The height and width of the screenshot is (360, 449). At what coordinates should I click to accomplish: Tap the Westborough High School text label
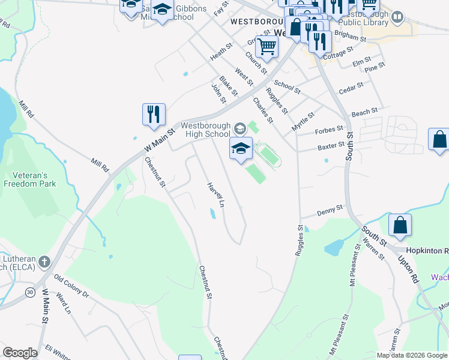[205, 130]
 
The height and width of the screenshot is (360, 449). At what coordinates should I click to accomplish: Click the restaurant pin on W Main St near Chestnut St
[154, 115]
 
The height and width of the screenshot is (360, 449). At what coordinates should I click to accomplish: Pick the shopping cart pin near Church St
[267, 47]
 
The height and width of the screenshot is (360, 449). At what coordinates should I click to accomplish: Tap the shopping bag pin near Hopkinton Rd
[400, 226]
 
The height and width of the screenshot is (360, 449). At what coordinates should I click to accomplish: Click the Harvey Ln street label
[215, 194]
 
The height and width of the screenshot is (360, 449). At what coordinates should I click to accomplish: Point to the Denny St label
[330, 210]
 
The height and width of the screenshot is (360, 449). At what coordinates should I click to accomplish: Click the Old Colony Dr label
[71, 286]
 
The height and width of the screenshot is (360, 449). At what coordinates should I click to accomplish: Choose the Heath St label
[221, 52]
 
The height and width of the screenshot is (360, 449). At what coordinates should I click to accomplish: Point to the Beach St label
[364, 112]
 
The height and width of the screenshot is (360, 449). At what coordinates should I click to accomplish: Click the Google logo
[20, 353]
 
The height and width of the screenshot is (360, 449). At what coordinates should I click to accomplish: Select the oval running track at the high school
[268, 155]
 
